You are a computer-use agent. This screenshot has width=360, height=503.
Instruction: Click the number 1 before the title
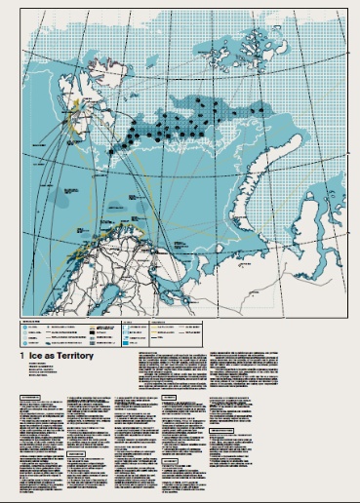click(x=21, y=358)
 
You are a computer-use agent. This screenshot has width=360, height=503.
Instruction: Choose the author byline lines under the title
click(x=39, y=376)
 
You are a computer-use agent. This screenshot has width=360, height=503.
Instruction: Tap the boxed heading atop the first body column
click(x=39, y=398)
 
